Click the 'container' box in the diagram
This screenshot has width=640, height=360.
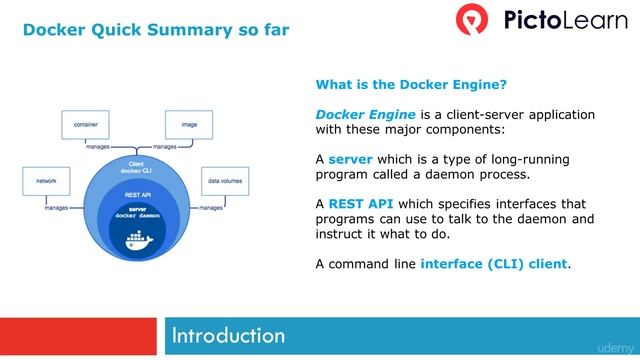coord(85,124)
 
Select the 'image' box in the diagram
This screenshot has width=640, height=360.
coord(189,124)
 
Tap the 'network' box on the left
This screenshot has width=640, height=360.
coord(46,182)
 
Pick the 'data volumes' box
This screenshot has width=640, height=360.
coord(225,182)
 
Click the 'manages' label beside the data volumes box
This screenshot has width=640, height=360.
coord(210,208)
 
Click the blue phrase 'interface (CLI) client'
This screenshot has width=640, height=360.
coord(494,264)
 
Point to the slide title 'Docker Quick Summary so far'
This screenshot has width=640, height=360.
coord(156,29)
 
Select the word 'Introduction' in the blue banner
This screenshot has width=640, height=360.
coord(228,334)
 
